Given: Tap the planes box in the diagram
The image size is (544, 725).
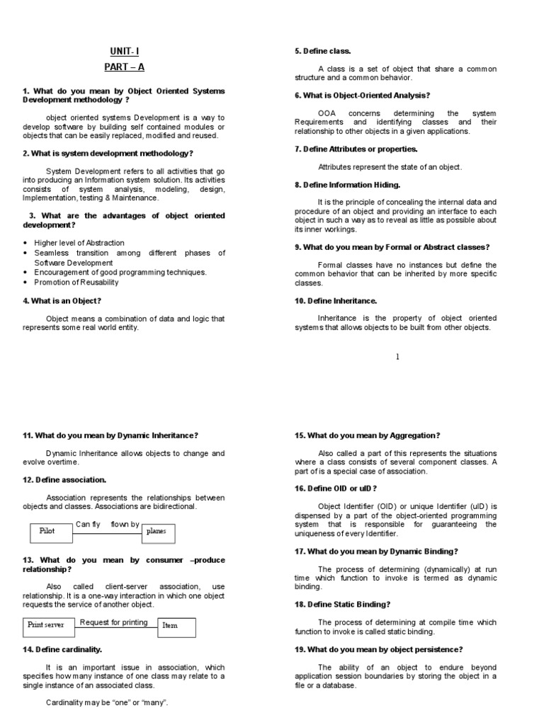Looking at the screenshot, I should click(158, 532).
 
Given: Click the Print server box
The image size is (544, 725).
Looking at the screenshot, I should click(47, 625).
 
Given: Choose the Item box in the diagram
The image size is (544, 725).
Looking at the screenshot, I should click(176, 626).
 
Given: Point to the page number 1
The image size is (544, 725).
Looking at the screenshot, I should click(398, 357).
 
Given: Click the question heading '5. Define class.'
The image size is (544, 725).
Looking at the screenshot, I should click(322, 52).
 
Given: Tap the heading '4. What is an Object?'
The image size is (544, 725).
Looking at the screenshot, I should click(62, 301).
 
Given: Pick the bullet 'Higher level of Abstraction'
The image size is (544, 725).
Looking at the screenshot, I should click(79, 243).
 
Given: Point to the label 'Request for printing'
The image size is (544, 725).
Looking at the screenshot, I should click(114, 622).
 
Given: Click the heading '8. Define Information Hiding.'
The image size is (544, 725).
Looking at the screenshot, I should click(347, 185).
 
